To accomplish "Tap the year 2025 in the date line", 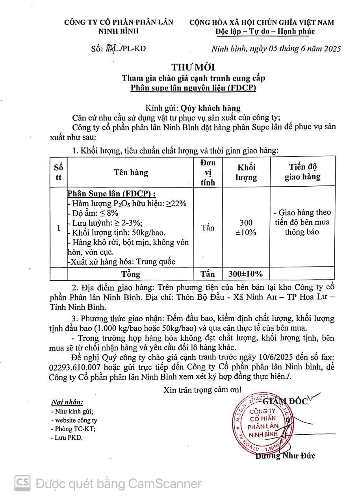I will tap(330, 49).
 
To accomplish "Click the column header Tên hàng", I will tap(131, 172).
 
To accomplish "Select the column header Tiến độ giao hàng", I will tap(302, 172).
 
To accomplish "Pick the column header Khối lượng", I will tap(246, 172).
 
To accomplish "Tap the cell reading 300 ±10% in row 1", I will tap(246, 228).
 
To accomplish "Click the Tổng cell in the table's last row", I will tap(131, 274).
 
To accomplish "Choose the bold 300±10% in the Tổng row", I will tap(246, 274).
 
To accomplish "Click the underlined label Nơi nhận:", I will tap(67, 402).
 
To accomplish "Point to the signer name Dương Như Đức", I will tap(285, 456).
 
